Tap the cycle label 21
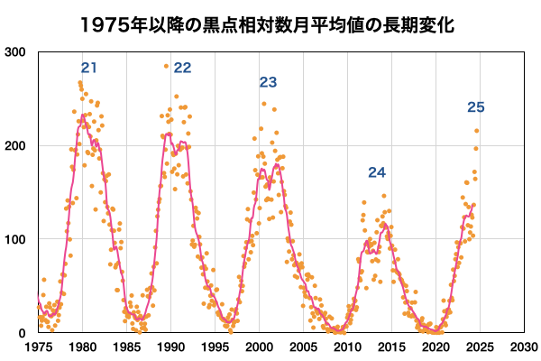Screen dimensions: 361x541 [88, 68]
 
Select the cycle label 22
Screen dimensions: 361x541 [182, 68]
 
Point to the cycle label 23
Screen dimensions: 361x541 [268, 83]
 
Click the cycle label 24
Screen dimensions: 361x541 [376, 172]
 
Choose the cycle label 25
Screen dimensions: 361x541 [476, 108]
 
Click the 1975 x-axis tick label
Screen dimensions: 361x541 [38, 347]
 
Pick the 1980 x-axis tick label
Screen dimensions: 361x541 [82, 347]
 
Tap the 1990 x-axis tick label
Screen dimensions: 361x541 [170, 347]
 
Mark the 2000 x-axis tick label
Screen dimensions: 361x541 [259, 347]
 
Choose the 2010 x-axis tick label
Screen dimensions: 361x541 [347, 347]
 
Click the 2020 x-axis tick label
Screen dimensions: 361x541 [436, 347]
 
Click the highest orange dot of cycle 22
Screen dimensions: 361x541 [166, 66]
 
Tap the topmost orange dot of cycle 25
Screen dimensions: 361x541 [477, 131]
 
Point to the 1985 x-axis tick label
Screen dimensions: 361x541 [126, 347]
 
